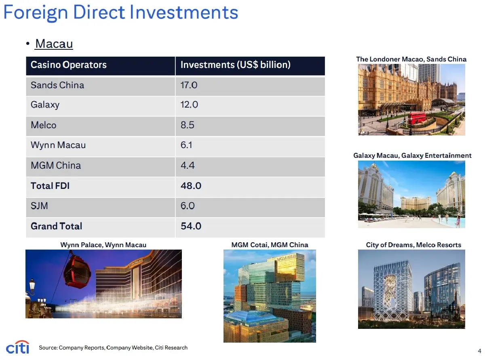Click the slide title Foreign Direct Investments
point(120,12)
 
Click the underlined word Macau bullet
point(54,43)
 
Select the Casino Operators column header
point(69,65)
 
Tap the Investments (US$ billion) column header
point(235,65)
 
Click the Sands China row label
point(57,85)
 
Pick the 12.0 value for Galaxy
point(189,105)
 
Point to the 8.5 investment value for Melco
point(187,125)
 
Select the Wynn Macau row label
point(58,145)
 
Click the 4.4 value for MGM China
point(187,165)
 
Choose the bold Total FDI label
point(50,186)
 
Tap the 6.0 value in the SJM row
point(188,206)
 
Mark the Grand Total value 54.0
point(191,226)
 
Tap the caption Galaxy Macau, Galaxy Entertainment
point(412,155)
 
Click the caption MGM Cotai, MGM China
point(270,245)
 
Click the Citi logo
point(17,347)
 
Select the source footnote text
point(113,347)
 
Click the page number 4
point(479,351)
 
